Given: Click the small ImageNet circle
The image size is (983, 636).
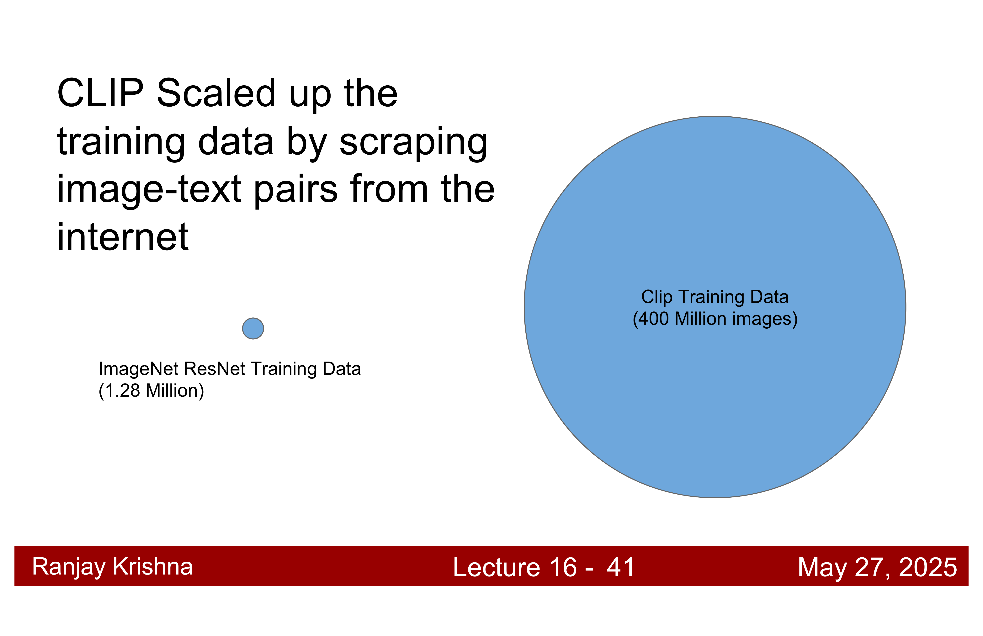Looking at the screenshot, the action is [253, 328].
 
